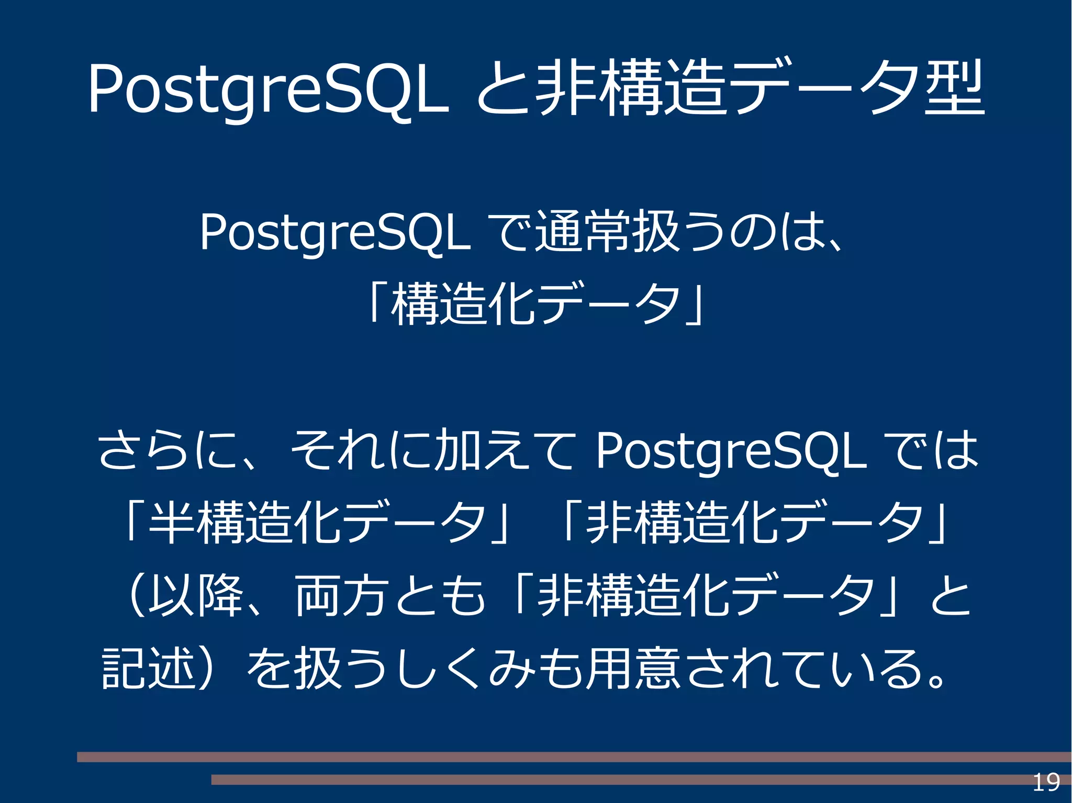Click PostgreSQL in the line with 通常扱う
[x=335, y=233]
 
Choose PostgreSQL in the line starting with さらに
[x=731, y=450]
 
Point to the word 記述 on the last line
[x=149, y=668]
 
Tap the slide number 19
[x=1046, y=783]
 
